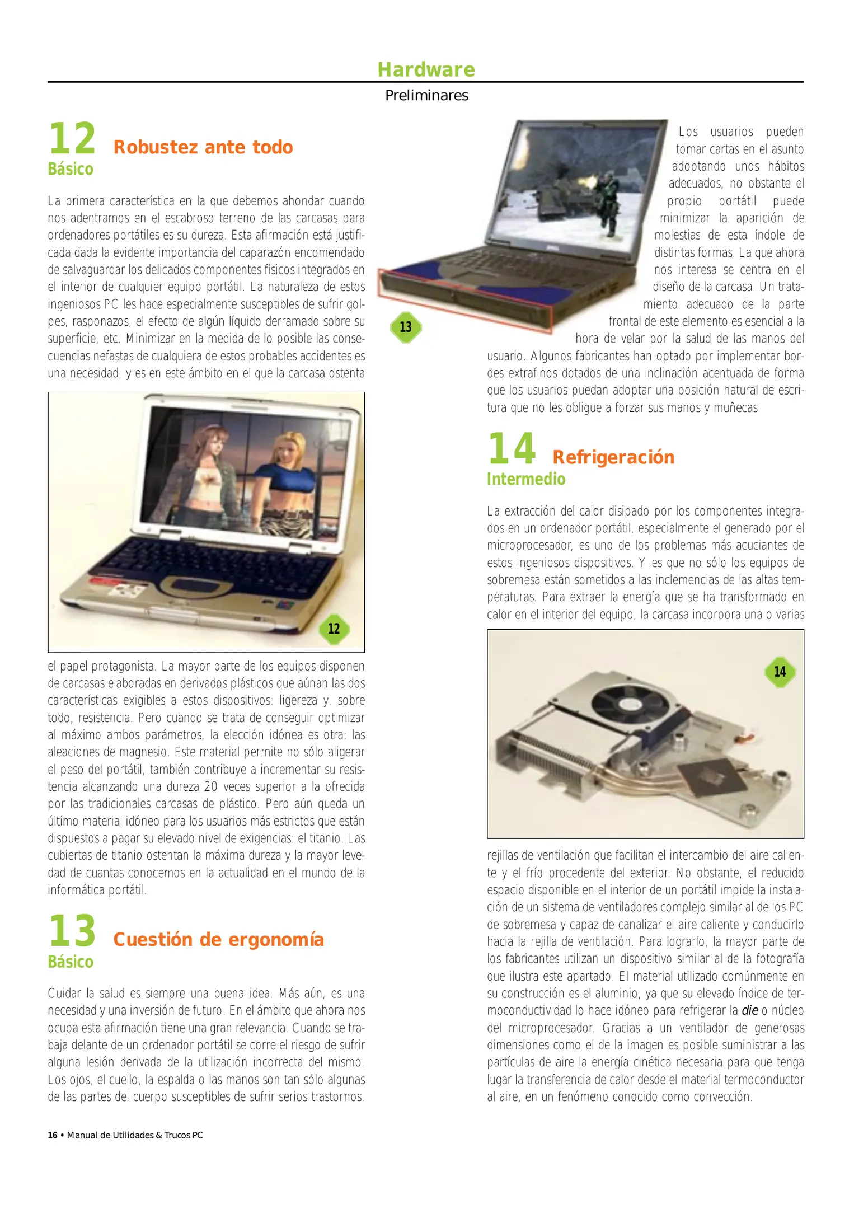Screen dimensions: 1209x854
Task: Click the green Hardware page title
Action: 426,69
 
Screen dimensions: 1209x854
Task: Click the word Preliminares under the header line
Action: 426,96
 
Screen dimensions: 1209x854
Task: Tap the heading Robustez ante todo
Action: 203,147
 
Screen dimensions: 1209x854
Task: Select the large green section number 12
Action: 72,139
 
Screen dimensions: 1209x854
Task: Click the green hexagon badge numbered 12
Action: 334,629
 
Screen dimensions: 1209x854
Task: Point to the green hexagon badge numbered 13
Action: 406,327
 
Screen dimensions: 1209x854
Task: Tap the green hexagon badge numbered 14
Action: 780,671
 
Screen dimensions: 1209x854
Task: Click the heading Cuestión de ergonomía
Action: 218,939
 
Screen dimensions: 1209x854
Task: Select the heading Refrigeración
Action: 613,457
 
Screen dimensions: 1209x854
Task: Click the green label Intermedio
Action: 526,479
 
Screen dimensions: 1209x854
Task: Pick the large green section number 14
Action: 512,449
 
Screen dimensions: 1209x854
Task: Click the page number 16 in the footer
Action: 53,1135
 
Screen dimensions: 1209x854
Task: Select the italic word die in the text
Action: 749,1010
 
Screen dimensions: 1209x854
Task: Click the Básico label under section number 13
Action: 71,962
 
